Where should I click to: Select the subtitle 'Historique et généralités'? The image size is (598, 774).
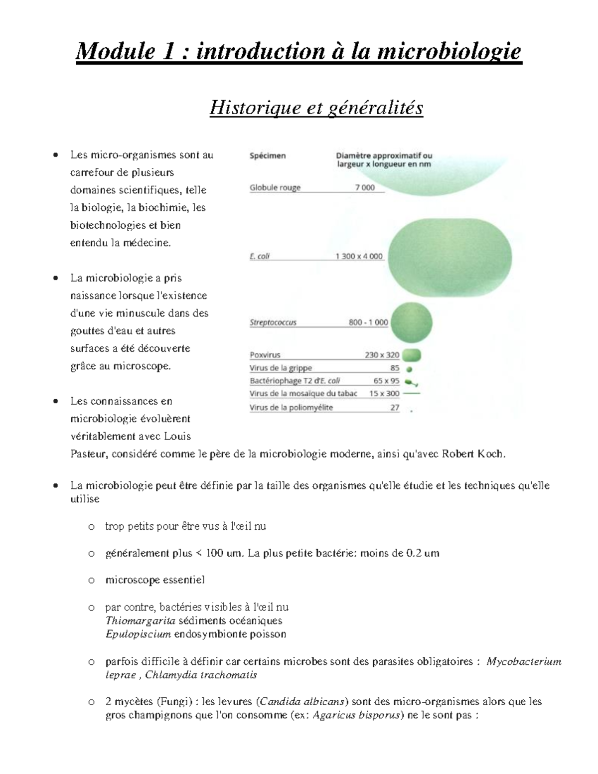tap(316, 108)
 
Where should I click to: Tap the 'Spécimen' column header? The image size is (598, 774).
tap(268, 156)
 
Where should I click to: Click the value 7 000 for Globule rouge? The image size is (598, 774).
tap(365, 188)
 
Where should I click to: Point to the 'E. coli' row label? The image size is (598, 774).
tap(260, 257)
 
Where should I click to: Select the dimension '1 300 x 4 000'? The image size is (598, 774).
tap(359, 257)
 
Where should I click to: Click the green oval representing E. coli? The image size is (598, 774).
tap(449, 257)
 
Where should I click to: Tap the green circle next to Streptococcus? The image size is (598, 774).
tap(411, 322)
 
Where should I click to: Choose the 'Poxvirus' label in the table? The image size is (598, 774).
tap(265, 355)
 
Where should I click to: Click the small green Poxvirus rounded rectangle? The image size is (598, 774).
tap(411, 355)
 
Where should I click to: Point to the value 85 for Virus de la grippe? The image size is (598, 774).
tap(395, 368)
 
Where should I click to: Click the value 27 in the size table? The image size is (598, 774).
tap(395, 408)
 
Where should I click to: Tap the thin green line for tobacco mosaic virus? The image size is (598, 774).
tap(411, 394)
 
